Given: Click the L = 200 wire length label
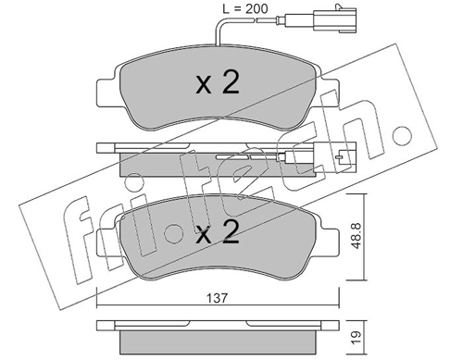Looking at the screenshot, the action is click(x=245, y=9).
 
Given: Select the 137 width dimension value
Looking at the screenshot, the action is click(x=217, y=298).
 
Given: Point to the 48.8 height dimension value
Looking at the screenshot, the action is click(x=357, y=237).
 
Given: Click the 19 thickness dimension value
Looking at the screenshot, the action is click(x=357, y=336).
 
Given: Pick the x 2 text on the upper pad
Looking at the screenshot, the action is click(x=218, y=83).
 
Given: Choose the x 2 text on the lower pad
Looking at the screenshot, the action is click(x=218, y=232).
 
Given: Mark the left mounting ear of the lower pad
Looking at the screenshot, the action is click(x=106, y=242).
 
